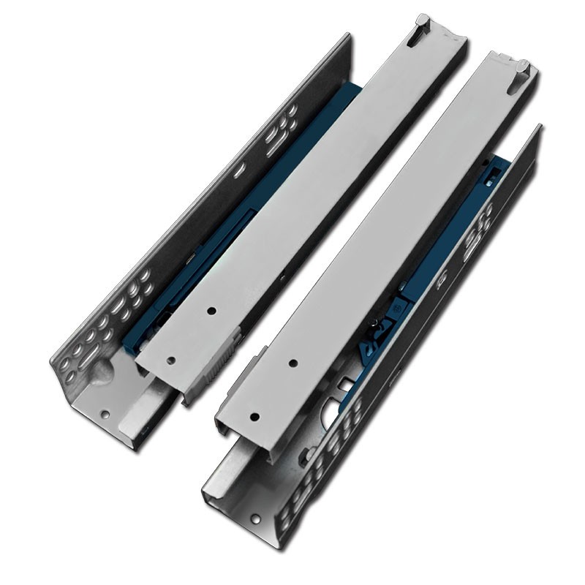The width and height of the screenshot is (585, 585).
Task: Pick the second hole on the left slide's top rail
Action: (x=211, y=311)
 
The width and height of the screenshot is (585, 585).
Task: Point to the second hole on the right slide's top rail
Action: (x=292, y=363)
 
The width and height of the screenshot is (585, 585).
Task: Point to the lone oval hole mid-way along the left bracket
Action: (x=235, y=175)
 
